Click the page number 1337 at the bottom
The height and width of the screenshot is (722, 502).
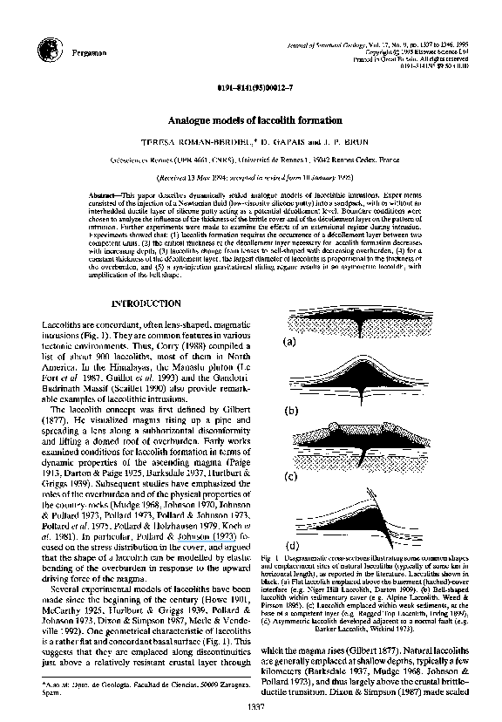click(254, 707)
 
